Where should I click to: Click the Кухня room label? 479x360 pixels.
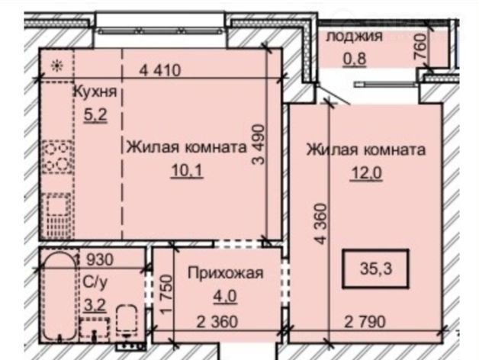pos(95,92)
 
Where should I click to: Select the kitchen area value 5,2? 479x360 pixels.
pos(95,115)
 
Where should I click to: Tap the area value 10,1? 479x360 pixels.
pos(187,170)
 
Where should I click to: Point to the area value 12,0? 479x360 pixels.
pos(366,174)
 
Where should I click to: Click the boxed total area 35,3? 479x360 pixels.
pos(376,269)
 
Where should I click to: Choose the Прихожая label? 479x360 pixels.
pos(226,273)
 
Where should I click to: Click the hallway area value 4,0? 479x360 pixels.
pos(226,296)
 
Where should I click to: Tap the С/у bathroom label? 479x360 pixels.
pos(95,282)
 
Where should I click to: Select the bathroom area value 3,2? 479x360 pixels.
pos(95,304)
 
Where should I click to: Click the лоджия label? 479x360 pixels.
pos(355,37)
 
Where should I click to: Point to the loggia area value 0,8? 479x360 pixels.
pos(355,59)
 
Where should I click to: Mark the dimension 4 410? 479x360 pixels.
pos(160,70)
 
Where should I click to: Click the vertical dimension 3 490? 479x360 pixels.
pos(258,144)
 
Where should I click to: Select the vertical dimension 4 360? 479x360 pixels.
pos(321,223)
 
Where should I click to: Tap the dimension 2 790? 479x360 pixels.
pos(365,322)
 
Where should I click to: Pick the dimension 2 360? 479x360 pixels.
pos(217,322)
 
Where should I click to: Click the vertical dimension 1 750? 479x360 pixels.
pos(167,294)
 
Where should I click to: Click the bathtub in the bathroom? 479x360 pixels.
pos(59,297)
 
